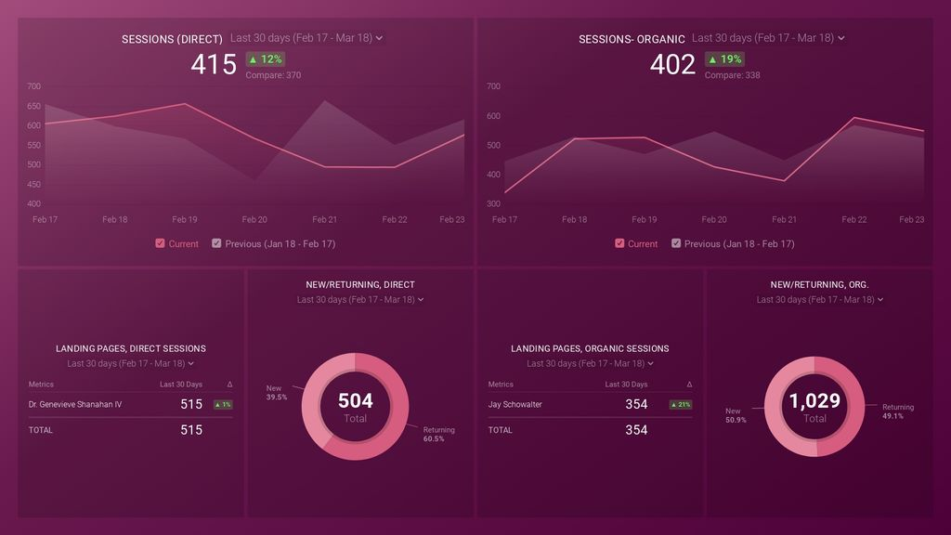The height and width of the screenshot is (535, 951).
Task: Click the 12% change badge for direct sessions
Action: coord(265,59)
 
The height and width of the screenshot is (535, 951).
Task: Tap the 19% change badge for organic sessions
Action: coord(724,59)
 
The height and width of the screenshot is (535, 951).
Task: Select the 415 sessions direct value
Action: coord(214,64)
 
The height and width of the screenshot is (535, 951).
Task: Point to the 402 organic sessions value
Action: coord(672,64)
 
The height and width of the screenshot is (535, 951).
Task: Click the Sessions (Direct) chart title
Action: coord(172,39)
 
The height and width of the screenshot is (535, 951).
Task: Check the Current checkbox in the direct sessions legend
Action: coord(161,243)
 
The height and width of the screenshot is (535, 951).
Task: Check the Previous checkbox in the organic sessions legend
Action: coord(676,243)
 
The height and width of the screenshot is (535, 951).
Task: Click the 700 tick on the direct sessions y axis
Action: coord(34,86)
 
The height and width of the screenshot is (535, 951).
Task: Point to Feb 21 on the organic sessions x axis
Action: coord(785,219)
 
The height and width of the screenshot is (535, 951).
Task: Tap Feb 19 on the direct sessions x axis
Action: coord(185,219)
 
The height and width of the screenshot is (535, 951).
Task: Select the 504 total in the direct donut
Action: coord(355,400)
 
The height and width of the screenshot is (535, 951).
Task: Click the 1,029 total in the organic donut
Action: coord(814,400)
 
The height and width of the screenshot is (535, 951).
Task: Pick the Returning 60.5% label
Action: coord(438,434)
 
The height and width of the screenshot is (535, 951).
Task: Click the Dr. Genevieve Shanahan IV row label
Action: coord(75,404)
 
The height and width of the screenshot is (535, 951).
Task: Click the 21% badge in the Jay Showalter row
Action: coord(680,405)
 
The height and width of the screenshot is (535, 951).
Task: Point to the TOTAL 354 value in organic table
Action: coord(636,430)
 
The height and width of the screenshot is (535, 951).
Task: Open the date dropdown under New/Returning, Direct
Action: coord(360,300)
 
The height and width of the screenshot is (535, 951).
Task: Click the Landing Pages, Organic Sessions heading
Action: coord(590,348)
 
